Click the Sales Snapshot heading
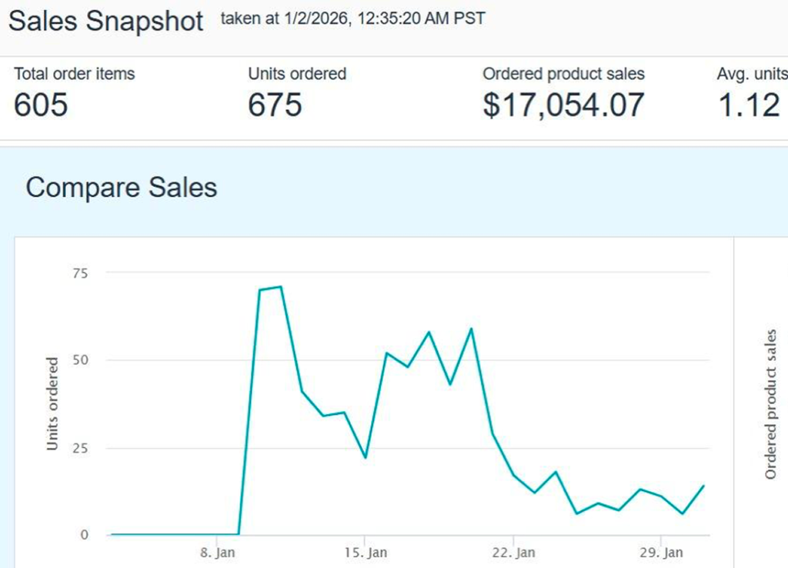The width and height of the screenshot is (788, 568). (106, 21)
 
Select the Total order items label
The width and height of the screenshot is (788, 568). (74, 74)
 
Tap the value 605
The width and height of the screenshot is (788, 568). (41, 104)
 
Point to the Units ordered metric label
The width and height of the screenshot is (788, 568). (297, 74)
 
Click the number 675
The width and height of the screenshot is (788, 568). (275, 104)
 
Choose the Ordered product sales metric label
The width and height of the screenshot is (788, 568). (563, 74)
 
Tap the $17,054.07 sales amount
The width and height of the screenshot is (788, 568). (563, 104)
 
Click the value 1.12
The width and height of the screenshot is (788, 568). (749, 104)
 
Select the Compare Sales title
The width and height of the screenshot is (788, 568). (122, 187)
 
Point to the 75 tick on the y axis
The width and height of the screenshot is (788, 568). (81, 272)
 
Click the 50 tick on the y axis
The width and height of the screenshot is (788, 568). (81, 360)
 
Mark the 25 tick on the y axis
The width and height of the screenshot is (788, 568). (81, 448)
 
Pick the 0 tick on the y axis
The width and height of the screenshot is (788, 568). (85, 535)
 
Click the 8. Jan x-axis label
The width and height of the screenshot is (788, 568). (217, 553)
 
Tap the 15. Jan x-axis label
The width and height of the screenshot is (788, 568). (366, 553)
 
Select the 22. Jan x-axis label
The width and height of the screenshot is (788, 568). (513, 553)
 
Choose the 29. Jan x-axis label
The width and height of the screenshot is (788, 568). (662, 553)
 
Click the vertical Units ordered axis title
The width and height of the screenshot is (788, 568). (52, 403)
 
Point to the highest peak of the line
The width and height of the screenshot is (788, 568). (281, 287)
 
